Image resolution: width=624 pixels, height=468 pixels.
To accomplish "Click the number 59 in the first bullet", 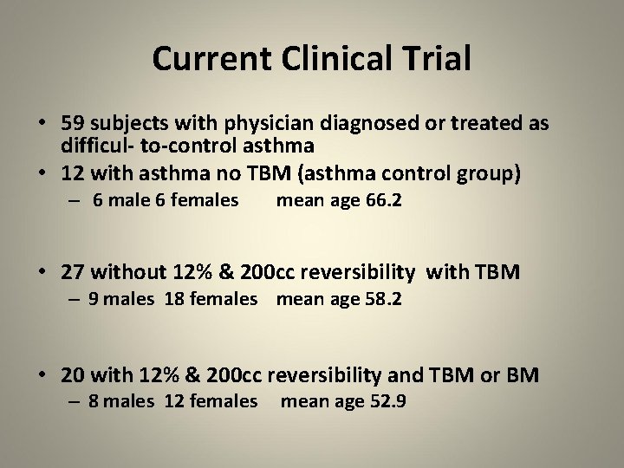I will pos(73,123).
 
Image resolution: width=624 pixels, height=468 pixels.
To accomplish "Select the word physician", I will pos(249,124).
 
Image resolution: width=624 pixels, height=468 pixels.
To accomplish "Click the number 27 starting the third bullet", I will pos(73,272).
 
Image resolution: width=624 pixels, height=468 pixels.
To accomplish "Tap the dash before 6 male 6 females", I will pos(77,201).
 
